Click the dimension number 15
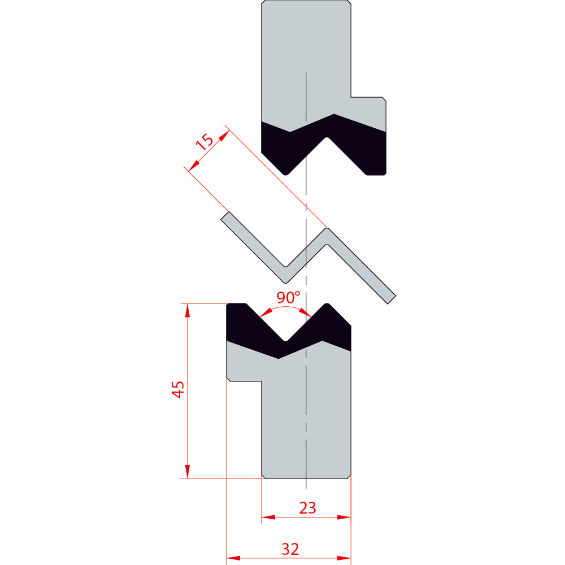(205, 142)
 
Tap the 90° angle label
(288, 297)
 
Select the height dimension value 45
(178, 389)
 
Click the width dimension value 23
(307, 508)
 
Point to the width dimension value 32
(290, 549)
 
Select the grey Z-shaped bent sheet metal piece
(308, 258)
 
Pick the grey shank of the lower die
(306, 418)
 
